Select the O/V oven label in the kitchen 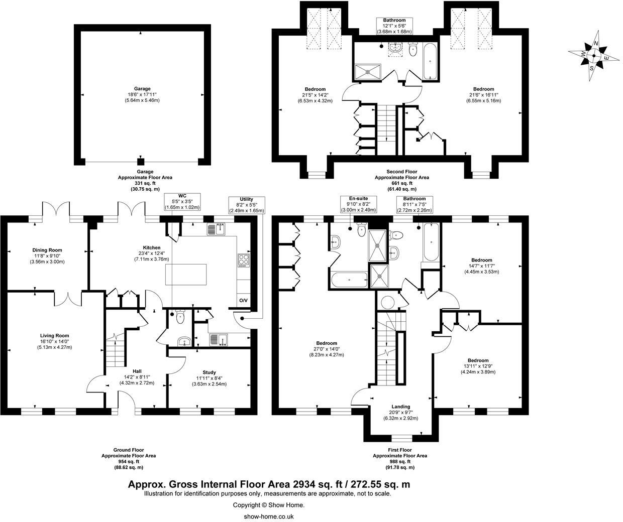243,301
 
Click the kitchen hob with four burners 243,259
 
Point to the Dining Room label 47,255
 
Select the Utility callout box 246,205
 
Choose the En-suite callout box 359,205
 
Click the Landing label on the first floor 400,412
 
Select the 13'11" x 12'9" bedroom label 478,366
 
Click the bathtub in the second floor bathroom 431,62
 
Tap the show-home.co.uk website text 268,516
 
